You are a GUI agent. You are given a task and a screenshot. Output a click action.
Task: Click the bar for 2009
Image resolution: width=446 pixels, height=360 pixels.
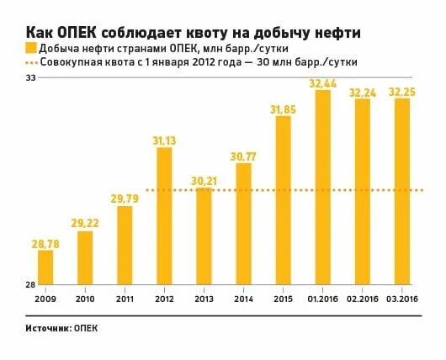tap(45, 267)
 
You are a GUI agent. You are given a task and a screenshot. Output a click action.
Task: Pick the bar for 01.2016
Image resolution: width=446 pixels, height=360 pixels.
tap(322, 186)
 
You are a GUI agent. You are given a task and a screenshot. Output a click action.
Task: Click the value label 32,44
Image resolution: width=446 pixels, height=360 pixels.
tap(322, 83)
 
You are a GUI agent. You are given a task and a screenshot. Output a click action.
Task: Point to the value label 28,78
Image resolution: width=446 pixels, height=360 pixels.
tap(45, 243)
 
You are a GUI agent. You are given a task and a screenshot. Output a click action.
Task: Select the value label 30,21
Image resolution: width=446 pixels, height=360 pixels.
tap(204, 180)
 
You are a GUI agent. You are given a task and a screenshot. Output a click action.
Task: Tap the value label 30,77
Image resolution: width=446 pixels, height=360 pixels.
tap(243, 156)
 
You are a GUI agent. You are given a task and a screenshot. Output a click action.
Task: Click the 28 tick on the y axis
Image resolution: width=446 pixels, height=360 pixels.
tap(29, 283)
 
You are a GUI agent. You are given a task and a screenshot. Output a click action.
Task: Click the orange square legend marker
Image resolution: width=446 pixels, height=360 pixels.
tap(30, 47)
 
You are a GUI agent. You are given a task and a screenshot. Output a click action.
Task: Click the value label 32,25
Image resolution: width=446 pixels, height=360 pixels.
tap(401, 91)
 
